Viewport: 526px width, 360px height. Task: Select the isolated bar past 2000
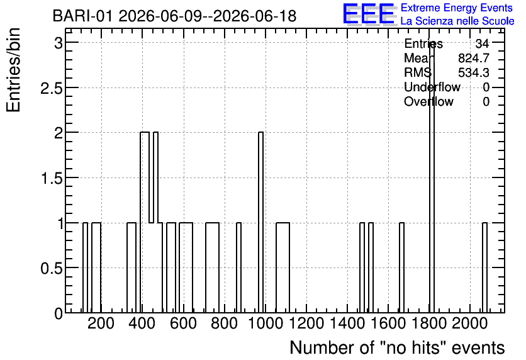[484, 267]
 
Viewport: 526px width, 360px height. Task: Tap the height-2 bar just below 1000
[260, 222]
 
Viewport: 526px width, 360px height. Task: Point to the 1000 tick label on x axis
[266, 323]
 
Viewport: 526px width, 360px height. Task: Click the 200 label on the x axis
[101, 323]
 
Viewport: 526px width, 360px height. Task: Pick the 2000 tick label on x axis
[469, 323]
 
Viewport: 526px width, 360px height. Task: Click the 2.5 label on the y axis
[52, 88]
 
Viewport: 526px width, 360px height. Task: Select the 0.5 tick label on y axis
[52, 267]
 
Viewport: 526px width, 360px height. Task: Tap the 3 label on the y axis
[59, 43]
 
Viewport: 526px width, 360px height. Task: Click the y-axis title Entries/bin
[13, 70]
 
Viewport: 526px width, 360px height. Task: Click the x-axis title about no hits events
[397, 347]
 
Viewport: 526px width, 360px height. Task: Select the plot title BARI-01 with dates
[174, 16]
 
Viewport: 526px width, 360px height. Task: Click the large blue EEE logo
[369, 14]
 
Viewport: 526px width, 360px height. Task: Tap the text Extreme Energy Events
[457, 8]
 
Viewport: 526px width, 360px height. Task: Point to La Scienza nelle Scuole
[457, 21]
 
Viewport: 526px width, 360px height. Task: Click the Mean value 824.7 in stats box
[474, 58]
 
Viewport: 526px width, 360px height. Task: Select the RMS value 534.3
[474, 72]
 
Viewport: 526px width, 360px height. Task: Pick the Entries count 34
[482, 43]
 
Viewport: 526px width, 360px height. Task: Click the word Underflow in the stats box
[432, 87]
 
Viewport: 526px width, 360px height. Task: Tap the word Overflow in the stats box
[428, 101]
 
